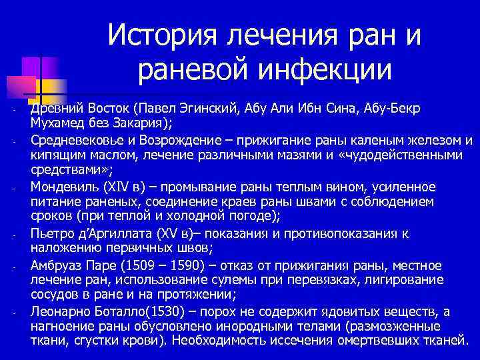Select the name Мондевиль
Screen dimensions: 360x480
[x=63, y=187]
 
